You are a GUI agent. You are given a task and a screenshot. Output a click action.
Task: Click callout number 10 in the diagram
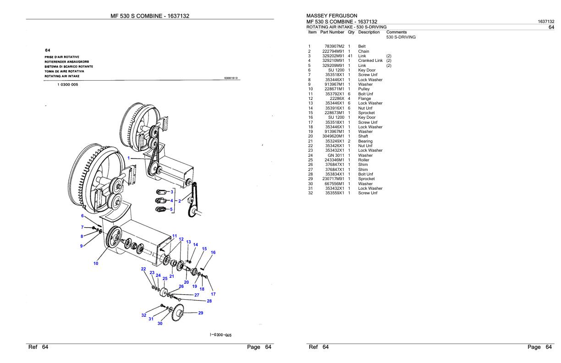pyautogui.click(x=96, y=263)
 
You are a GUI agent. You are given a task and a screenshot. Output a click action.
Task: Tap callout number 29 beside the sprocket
pyautogui.click(x=200, y=313)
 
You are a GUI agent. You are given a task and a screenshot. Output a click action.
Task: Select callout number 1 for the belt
pyautogui.click(x=129, y=158)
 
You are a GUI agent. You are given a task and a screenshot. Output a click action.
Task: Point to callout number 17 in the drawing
pyautogui.click(x=213, y=294)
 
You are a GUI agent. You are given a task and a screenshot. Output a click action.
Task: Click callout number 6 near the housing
pyautogui.click(x=82, y=215)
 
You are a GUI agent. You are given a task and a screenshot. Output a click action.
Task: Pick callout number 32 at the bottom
pyautogui.click(x=144, y=315)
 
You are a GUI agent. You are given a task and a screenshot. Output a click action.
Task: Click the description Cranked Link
pyautogui.click(x=370, y=60)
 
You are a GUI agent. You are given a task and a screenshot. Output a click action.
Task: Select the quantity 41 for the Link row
pyautogui.click(x=349, y=56)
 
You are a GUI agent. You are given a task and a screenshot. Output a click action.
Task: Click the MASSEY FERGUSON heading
pyautogui.click(x=331, y=16)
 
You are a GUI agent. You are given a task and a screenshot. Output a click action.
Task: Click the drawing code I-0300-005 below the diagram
pyautogui.click(x=220, y=335)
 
